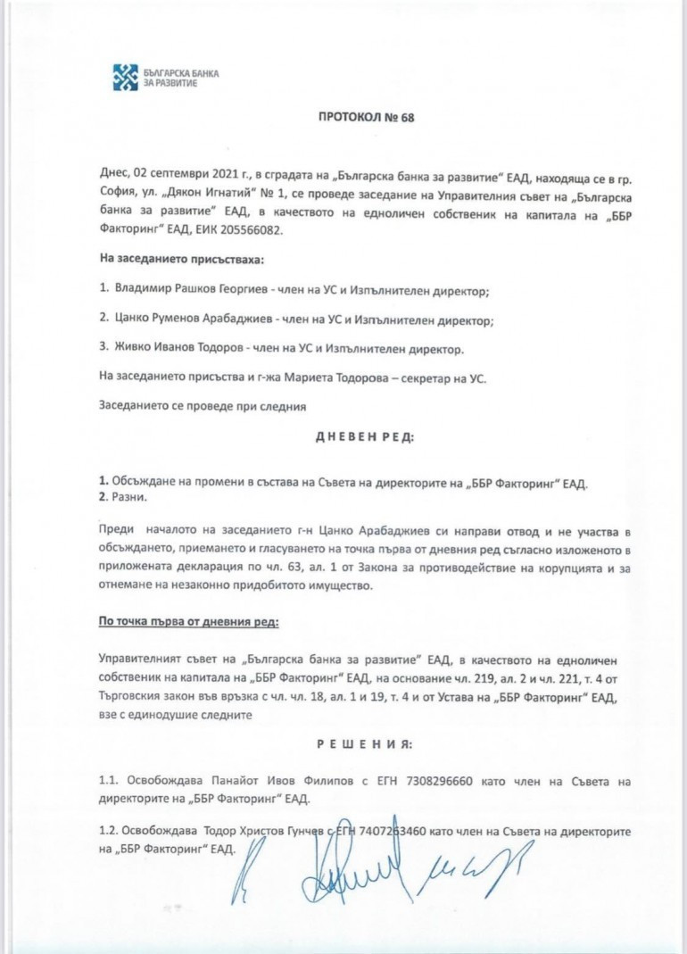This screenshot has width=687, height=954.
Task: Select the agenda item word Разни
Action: (x=128, y=495)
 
